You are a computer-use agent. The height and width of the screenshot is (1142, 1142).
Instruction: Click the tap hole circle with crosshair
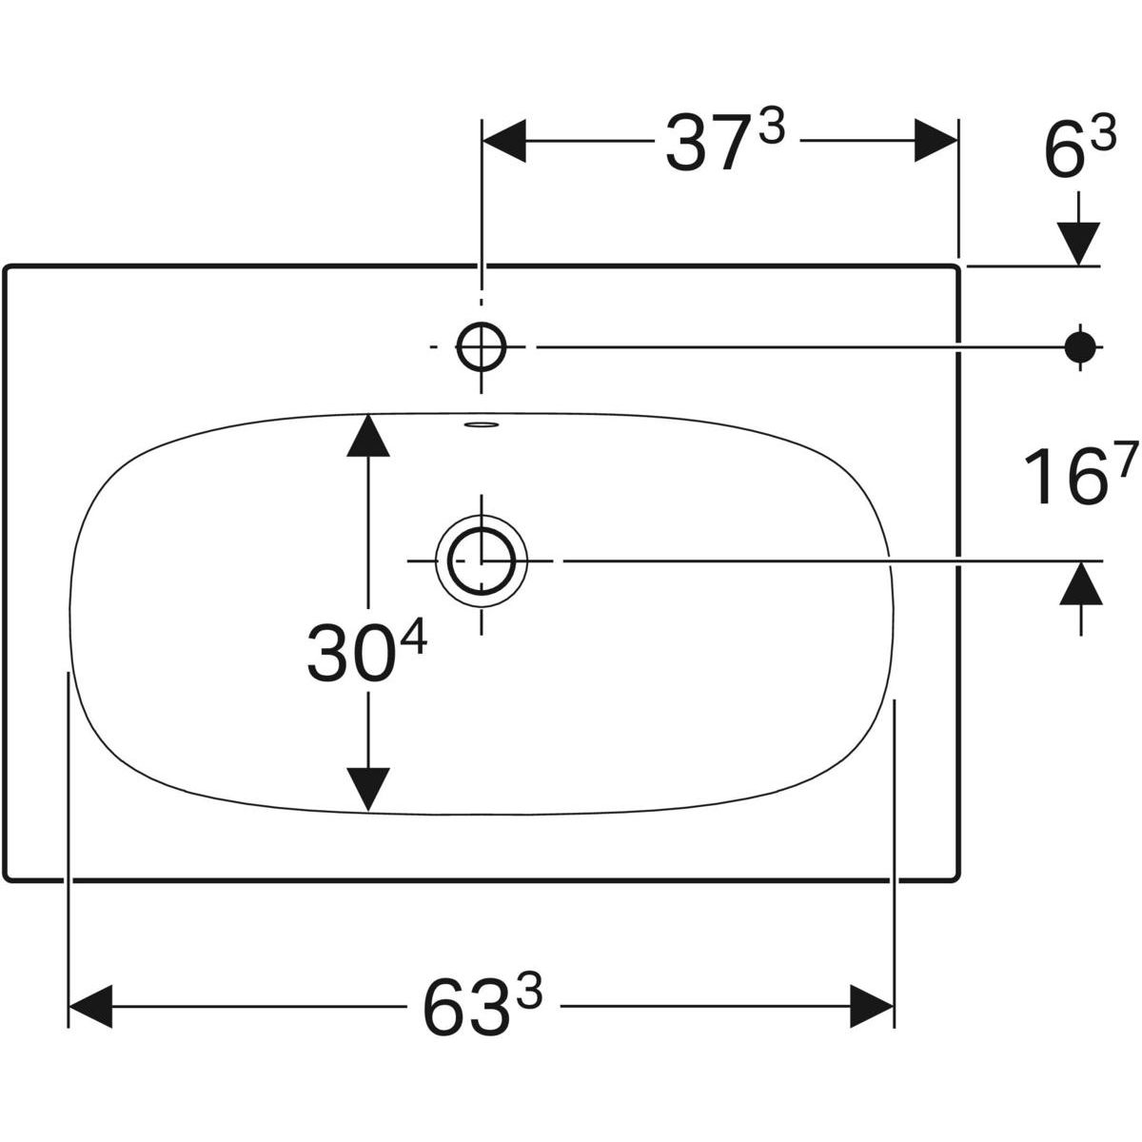coord(482,346)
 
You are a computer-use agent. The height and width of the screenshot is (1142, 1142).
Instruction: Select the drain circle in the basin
coord(482,561)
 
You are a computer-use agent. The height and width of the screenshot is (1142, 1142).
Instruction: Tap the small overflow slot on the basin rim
coord(482,425)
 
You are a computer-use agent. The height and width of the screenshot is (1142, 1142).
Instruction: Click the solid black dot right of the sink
coord(1080,346)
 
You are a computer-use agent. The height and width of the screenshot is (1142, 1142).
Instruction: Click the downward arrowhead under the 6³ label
coord(1080,243)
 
